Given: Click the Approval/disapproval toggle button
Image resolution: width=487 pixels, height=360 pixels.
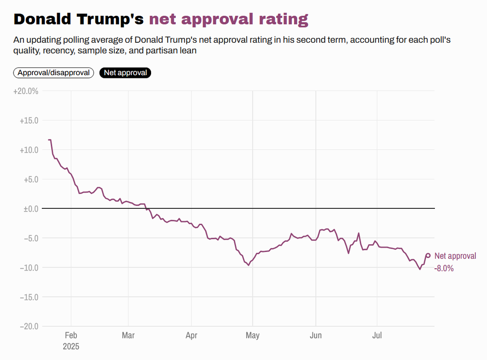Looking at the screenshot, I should point(54,73).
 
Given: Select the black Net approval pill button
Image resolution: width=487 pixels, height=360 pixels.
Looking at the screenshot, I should point(125,73).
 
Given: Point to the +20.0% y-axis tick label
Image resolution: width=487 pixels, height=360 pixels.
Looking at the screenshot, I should point(26,91).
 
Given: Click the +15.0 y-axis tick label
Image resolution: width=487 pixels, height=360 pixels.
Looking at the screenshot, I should point(29,121).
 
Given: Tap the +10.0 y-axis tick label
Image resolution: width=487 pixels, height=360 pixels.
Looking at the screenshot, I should point(29,150).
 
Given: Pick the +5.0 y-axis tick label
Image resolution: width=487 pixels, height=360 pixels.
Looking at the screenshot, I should point(30,180).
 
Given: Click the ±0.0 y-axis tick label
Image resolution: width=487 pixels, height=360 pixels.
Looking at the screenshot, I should point(30,209).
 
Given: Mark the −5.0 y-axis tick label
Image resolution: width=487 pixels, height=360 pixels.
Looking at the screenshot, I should point(30,238).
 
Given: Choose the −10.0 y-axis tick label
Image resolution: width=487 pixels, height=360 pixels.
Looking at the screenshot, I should point(29,268).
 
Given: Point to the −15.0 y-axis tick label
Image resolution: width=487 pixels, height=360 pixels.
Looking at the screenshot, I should point(29,297).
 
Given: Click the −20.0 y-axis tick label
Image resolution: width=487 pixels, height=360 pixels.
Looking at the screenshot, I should point(29,326).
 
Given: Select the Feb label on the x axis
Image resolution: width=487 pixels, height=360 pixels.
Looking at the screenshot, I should point(71,336).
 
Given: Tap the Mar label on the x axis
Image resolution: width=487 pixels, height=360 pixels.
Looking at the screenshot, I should point(128,336).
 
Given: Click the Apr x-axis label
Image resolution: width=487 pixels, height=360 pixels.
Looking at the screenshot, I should point(192,336).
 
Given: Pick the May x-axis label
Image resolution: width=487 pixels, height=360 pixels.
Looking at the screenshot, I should point(253,336).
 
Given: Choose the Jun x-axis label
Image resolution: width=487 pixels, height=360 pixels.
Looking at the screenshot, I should point(316,336).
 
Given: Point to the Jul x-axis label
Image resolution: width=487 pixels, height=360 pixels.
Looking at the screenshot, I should point(377,336).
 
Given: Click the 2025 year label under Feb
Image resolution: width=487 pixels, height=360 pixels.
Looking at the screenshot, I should point(71,346).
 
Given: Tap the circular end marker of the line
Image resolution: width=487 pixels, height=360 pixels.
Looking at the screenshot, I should point(428,256).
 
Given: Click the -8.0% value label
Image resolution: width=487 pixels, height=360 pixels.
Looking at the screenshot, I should point(444,269).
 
